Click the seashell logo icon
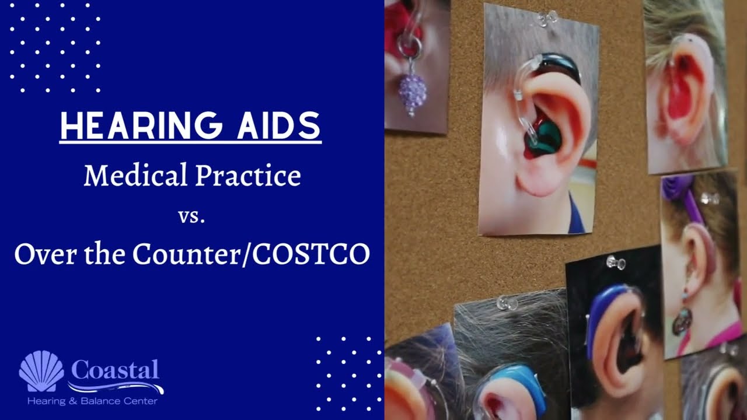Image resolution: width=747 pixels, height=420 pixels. [41, 371]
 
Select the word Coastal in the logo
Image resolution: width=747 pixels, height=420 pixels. [115, 369]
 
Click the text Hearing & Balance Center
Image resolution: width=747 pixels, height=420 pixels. [92, 401]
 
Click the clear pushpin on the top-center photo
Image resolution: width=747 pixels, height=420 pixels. [546, 19]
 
